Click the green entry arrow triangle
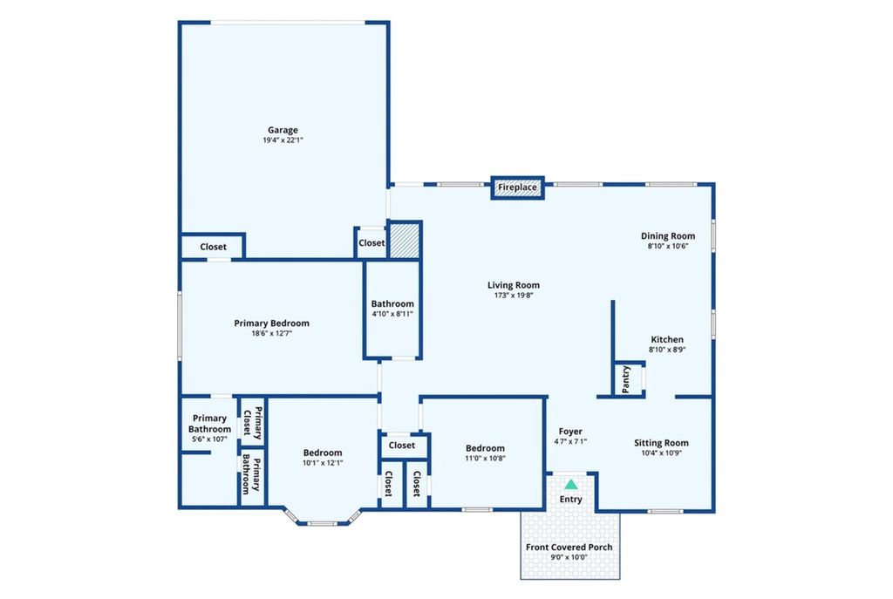[570, 484]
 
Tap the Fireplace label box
[518, 187]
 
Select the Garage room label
[283, 130]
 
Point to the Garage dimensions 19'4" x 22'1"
[283, 140]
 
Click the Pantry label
[626, 379]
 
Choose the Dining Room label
[668, 235]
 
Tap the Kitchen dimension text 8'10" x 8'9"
[667, 350]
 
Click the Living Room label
[514, 285]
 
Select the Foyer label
[570, 432]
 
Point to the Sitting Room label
[661, 443]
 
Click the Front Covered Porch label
[569, 548]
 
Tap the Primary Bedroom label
[272, 323]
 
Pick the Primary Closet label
[252, 423]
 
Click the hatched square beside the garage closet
[406, 240]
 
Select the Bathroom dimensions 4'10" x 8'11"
[392, 314]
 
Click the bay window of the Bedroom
[323, 520]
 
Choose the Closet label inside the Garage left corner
[213, 247]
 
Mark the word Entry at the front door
[570, 500]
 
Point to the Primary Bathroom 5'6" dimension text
[209, 439]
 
